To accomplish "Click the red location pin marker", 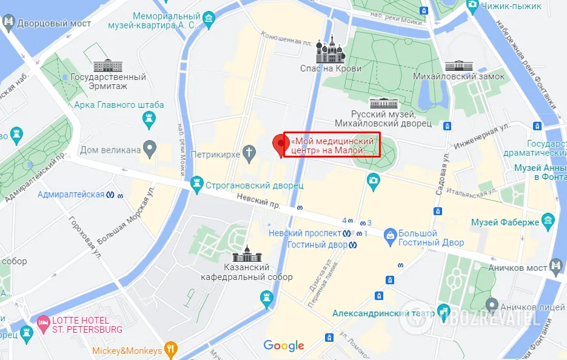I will tap(280, 144).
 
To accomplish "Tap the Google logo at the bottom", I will tap(283, 346).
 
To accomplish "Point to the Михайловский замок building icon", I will tap(458, 65).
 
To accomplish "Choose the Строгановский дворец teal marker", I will tap(197, 182).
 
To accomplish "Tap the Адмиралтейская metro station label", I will tap(71, 195).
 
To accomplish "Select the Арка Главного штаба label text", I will tap(119, 105).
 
